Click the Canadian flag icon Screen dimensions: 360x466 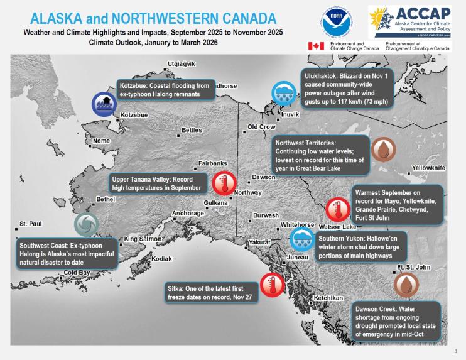point(316,46)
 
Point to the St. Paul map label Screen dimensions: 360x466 point(31,224)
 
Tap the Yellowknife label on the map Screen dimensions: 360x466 point(428,168)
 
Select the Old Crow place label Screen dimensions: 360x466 point(262,127)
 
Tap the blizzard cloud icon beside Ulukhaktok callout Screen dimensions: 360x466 point(283,94)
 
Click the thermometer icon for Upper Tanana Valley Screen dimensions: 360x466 point(223,183)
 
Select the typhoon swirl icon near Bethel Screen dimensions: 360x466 point(85,225)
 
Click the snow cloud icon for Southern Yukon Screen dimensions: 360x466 point(301,239)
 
